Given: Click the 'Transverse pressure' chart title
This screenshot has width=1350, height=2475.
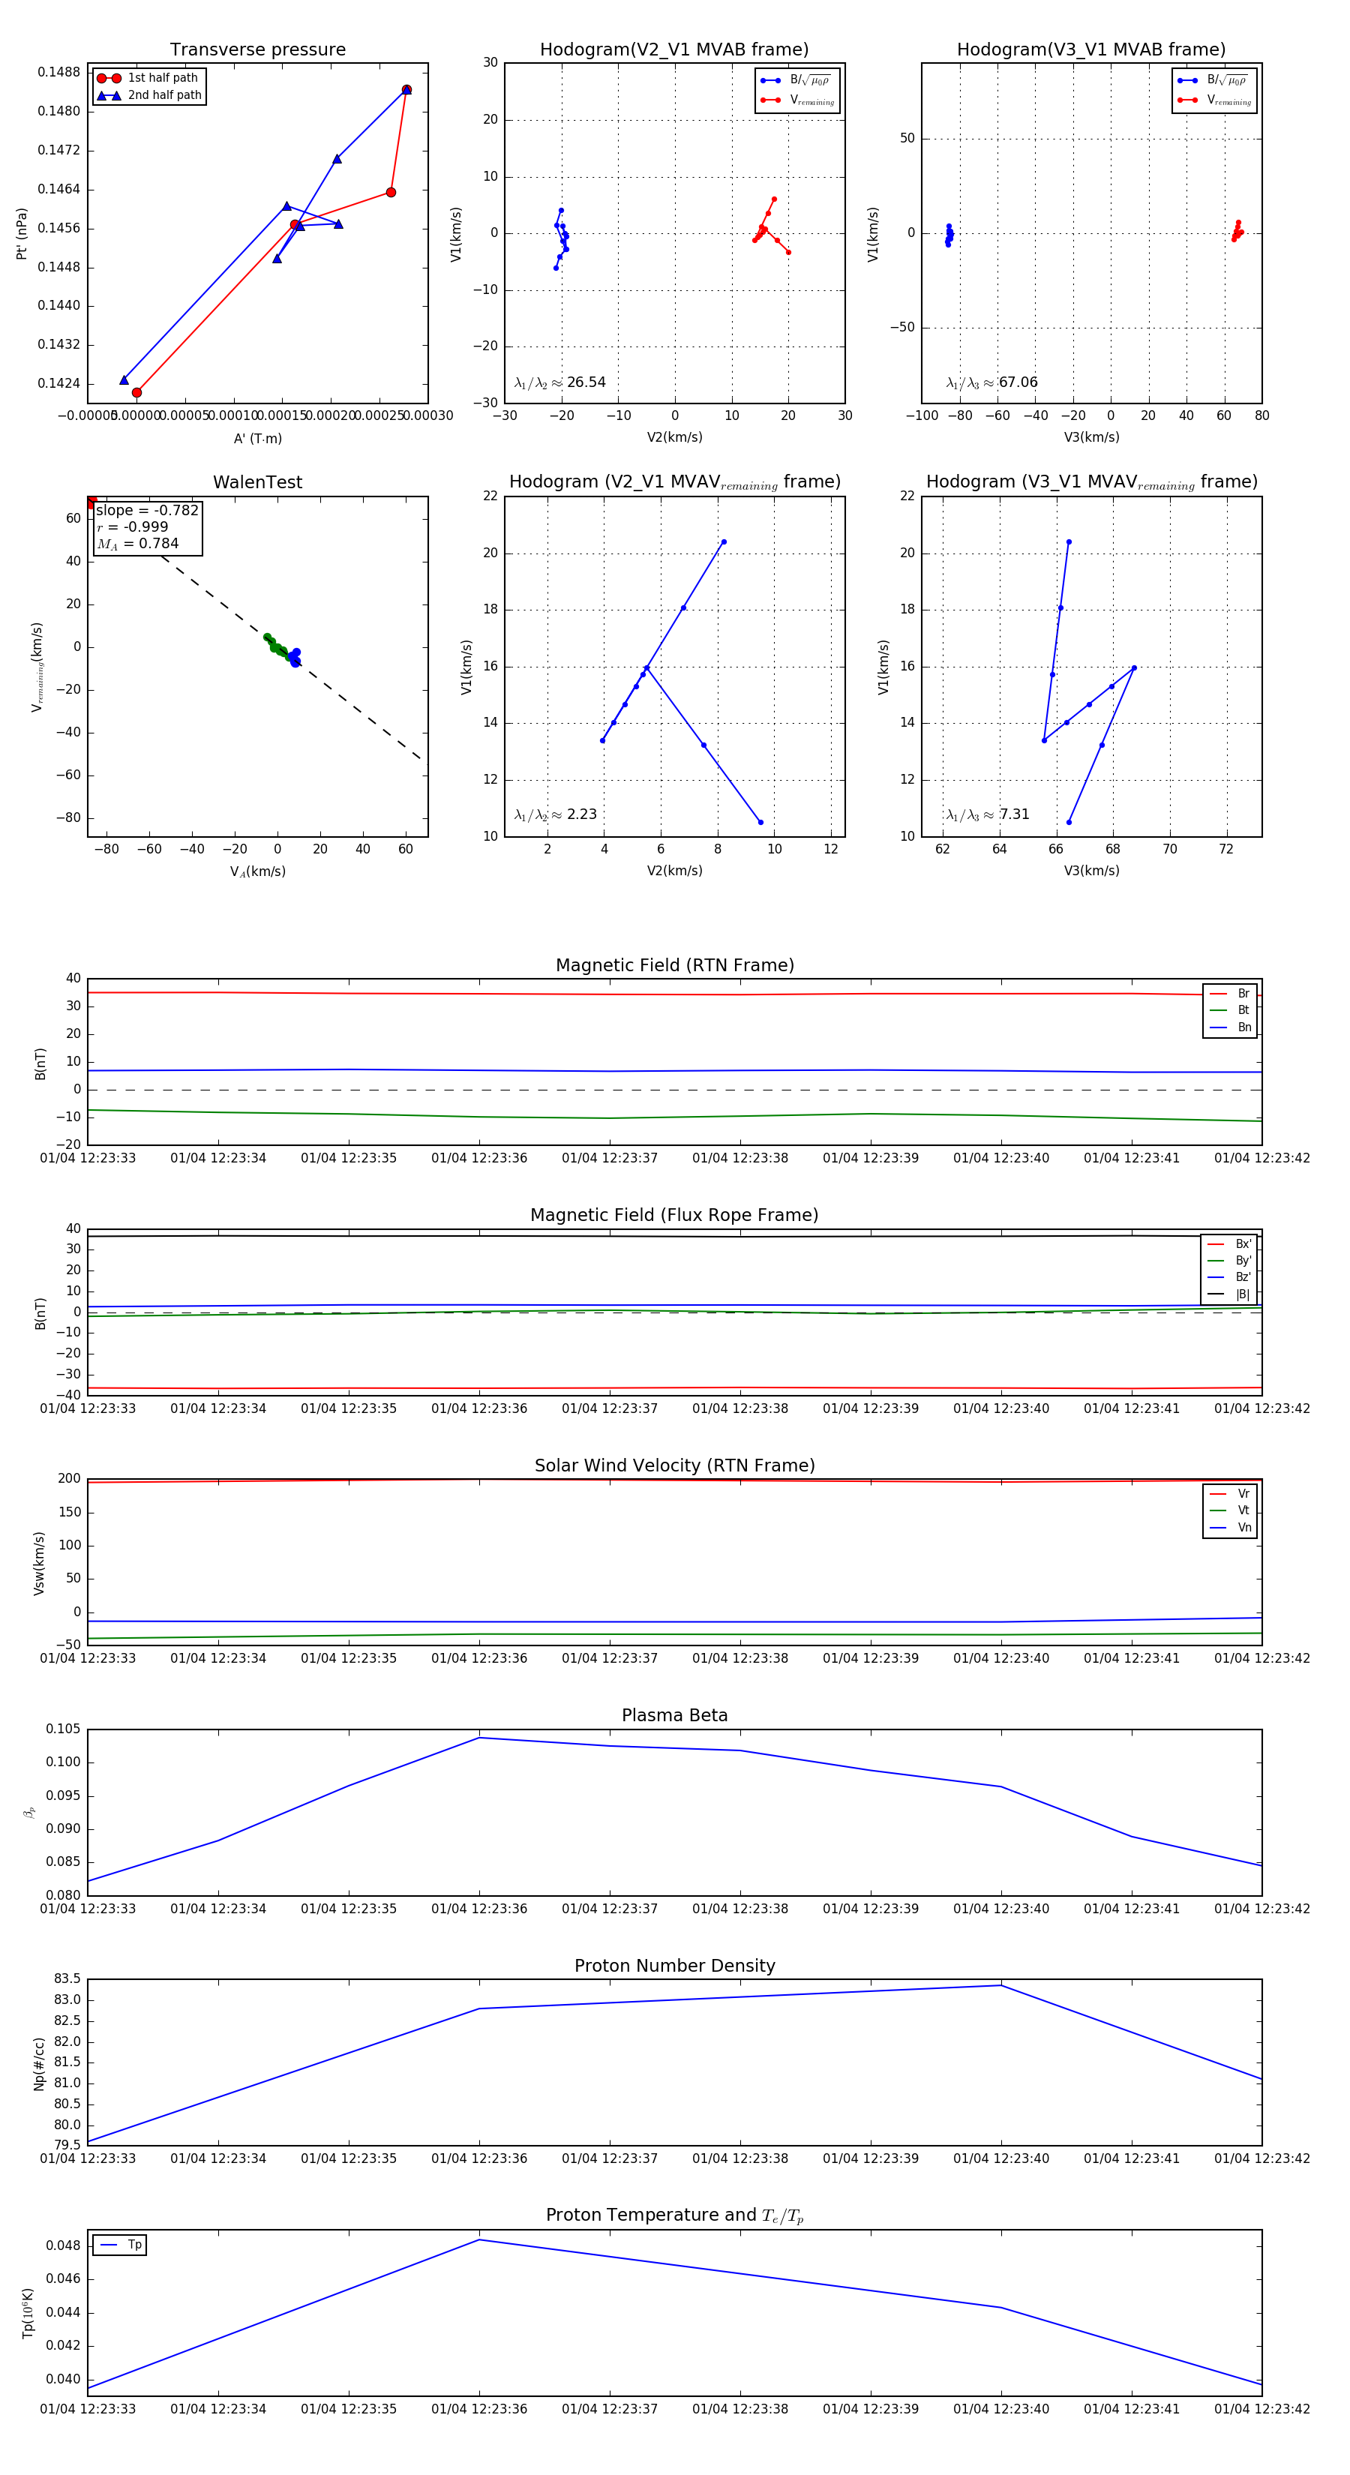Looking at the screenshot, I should (257, 50).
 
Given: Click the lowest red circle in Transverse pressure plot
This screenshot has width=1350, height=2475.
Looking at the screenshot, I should (136, 392).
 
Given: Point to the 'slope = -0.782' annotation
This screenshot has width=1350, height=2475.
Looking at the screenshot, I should (147, 510).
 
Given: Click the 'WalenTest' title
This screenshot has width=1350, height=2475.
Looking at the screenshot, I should (257, 482).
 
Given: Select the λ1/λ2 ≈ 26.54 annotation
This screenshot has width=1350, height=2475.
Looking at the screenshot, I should (560, 382).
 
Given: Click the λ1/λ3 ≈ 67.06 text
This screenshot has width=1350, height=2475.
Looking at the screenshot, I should (991, 382).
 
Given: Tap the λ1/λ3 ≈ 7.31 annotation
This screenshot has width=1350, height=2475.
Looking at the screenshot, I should (988, 814).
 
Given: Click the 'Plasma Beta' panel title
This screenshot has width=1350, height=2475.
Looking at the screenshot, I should (674, 1716).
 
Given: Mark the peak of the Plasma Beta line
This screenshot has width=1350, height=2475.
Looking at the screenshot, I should (479, 1737).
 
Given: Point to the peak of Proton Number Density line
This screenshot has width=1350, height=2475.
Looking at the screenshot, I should (1001, 1986).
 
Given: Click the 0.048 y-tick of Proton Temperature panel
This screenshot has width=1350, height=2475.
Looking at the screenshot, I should (64, 2245).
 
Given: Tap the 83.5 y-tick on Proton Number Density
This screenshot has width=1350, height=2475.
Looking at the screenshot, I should (67, 1979).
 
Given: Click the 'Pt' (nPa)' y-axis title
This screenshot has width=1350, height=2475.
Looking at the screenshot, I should (21, 233).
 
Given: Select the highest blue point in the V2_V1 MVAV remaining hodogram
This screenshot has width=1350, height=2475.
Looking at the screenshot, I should (724, 542).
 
